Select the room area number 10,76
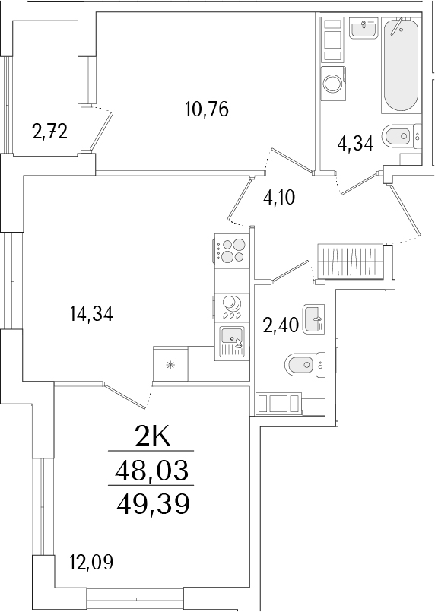207,109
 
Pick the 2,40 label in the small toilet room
278,328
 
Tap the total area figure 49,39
151,503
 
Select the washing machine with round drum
333,81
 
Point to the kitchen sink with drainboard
231,341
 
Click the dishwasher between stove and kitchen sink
231,306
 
